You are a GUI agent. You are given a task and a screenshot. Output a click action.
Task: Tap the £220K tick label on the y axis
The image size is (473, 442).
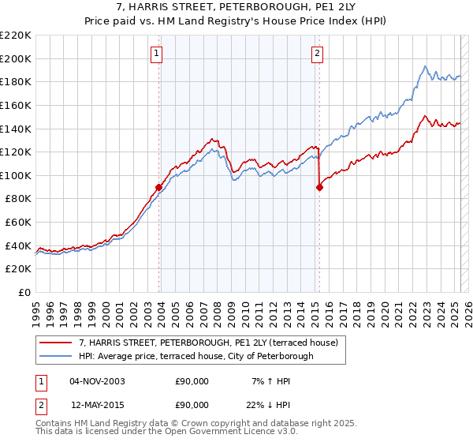[x=16, y=35]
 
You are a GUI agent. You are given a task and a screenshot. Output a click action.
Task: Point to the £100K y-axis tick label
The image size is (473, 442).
[x=16, y=175]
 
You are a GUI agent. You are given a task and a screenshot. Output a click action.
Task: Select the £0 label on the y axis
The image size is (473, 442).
[x=24, y=292]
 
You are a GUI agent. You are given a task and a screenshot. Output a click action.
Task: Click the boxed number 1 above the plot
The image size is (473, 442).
[x=158, y=54]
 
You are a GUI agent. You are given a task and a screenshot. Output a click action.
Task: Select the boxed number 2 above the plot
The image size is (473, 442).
[x=316, y=54]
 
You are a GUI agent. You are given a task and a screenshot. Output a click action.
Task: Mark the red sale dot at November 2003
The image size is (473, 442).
[x=158, y=187]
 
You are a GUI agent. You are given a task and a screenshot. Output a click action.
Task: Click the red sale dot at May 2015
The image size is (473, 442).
[x=319, y=187]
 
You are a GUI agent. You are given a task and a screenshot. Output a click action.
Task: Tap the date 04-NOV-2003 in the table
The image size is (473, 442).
[x=97, y=381]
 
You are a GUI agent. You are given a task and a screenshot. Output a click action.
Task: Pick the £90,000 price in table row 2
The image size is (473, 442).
[x=192, y=403]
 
